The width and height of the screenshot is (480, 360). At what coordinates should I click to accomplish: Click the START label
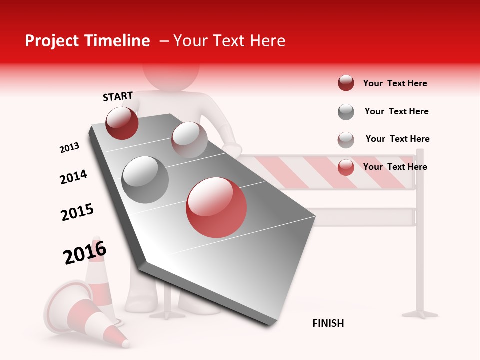[118, 96]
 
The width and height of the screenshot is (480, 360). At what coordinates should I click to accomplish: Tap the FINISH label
[328, 323]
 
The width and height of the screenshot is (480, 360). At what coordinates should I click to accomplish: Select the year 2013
[69, 148]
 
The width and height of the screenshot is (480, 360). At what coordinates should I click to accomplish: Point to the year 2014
[73, 177]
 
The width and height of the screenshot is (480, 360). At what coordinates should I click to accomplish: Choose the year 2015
[77, 212]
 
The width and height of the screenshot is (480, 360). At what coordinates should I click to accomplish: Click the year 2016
[85, 253]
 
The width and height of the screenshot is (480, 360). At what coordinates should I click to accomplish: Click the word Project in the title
[52, 41]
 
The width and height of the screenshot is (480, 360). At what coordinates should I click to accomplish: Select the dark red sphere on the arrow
[122, 123]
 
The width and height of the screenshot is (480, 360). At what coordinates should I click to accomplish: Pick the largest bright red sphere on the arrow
[216, 207]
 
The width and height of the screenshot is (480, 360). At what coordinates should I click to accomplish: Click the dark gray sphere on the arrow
[145, 180]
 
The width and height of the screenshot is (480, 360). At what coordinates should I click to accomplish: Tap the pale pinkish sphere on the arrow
[189, 140]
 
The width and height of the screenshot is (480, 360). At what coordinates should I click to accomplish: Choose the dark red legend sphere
[346, 83]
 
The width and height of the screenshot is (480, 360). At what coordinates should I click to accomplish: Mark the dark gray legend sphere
[346, 112]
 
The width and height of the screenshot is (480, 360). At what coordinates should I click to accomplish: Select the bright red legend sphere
[346, 167]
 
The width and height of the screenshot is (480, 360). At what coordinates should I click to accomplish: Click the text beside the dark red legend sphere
[395, 84]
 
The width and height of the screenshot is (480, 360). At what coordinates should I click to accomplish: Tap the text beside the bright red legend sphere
[395, 167]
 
